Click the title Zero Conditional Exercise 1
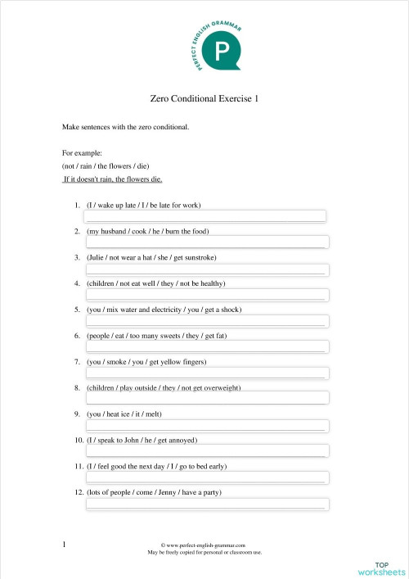point(204,99)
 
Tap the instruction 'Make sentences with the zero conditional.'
point(126,127)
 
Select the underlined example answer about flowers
point(112,179)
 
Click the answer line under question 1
point(206,217)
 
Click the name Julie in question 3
point(97,257)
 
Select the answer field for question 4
point(206,296)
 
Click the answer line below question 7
point(206,374)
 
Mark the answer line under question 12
point(206,504)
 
